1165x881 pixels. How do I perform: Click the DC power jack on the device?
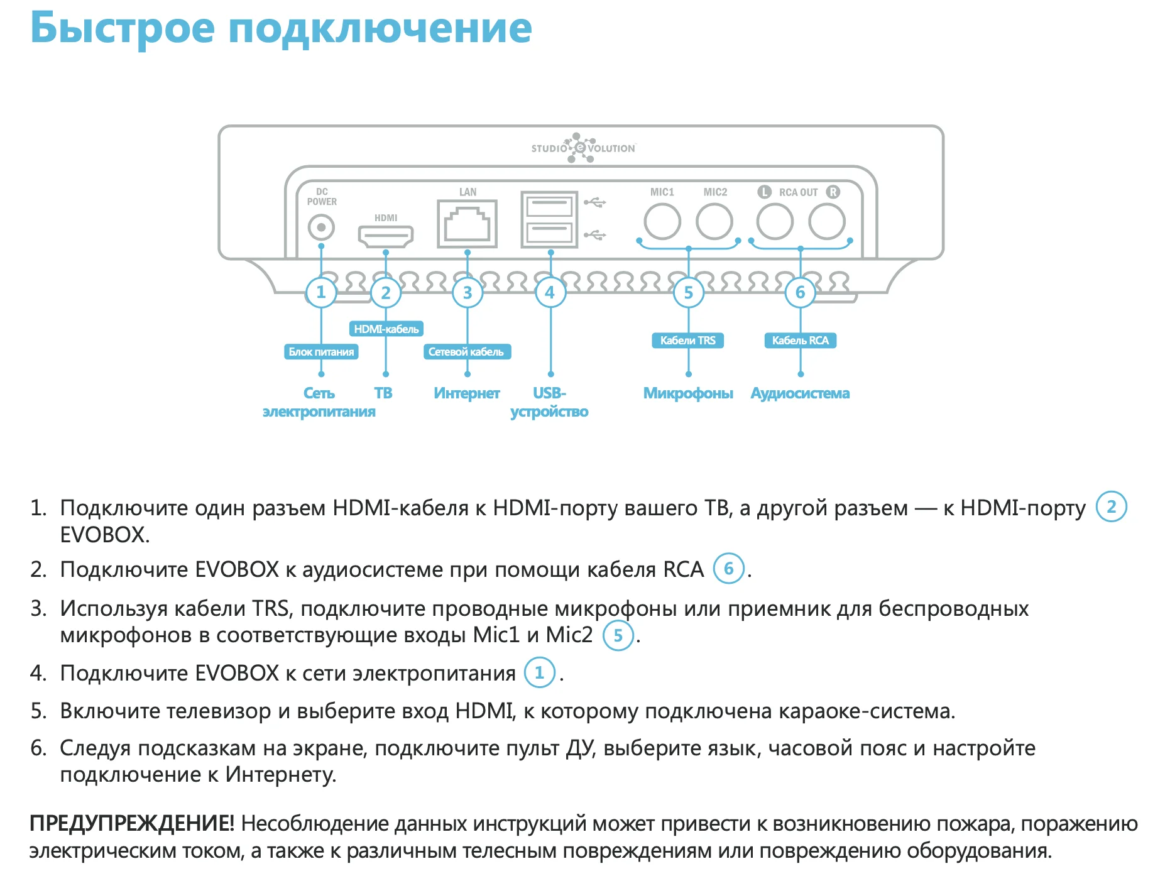click(x=321, y=227)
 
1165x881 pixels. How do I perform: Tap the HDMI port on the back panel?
click(x=385, y=236)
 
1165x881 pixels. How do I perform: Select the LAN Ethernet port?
click(x=467, y=224)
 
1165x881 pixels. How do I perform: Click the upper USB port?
click(x=549, y=206)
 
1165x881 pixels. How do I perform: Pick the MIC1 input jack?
click(x=662, y=222)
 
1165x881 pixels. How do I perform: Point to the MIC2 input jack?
click(x=714, y=222)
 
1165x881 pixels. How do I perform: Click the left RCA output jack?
click(x=775, y=222)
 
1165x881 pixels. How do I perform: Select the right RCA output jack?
click(x=827, y=222)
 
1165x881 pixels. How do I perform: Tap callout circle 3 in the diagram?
click(x=468, y=293)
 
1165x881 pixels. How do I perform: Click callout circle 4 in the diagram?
click(x=550, y=293)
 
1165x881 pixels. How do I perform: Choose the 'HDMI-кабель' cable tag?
click(x=386, y=329)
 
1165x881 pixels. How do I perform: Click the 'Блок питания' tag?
click(x=321, y=352)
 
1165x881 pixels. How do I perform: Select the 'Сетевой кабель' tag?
click(x=466, y=352)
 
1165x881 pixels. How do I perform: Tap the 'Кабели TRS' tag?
click(x=688, y=341)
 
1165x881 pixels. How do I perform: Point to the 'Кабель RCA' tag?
click(x=800, y=341)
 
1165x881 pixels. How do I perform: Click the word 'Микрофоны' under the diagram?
click(x=688, y=393)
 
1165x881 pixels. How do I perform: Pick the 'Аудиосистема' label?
click(x=800, y=393)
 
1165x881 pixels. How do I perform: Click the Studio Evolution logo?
click(x=583, y=148)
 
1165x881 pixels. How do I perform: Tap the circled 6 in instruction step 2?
click(x=729, y=569)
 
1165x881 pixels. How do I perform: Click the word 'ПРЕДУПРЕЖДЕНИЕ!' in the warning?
click(x=132, y=823)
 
